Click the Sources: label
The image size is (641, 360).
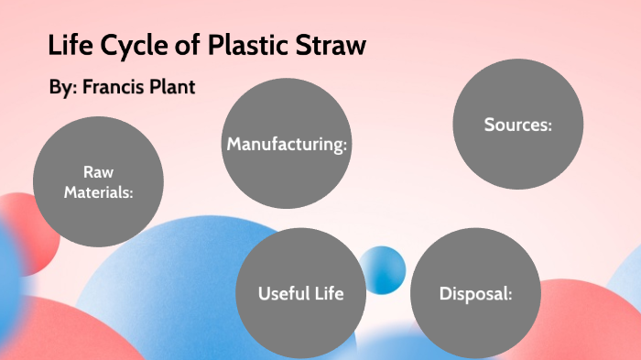coord(518,125)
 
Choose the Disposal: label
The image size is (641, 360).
coord(474,294)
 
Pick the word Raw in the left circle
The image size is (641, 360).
coord(98,171)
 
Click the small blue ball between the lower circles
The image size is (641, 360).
coord(382,270)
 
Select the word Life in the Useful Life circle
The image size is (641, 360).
coord(327,294)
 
